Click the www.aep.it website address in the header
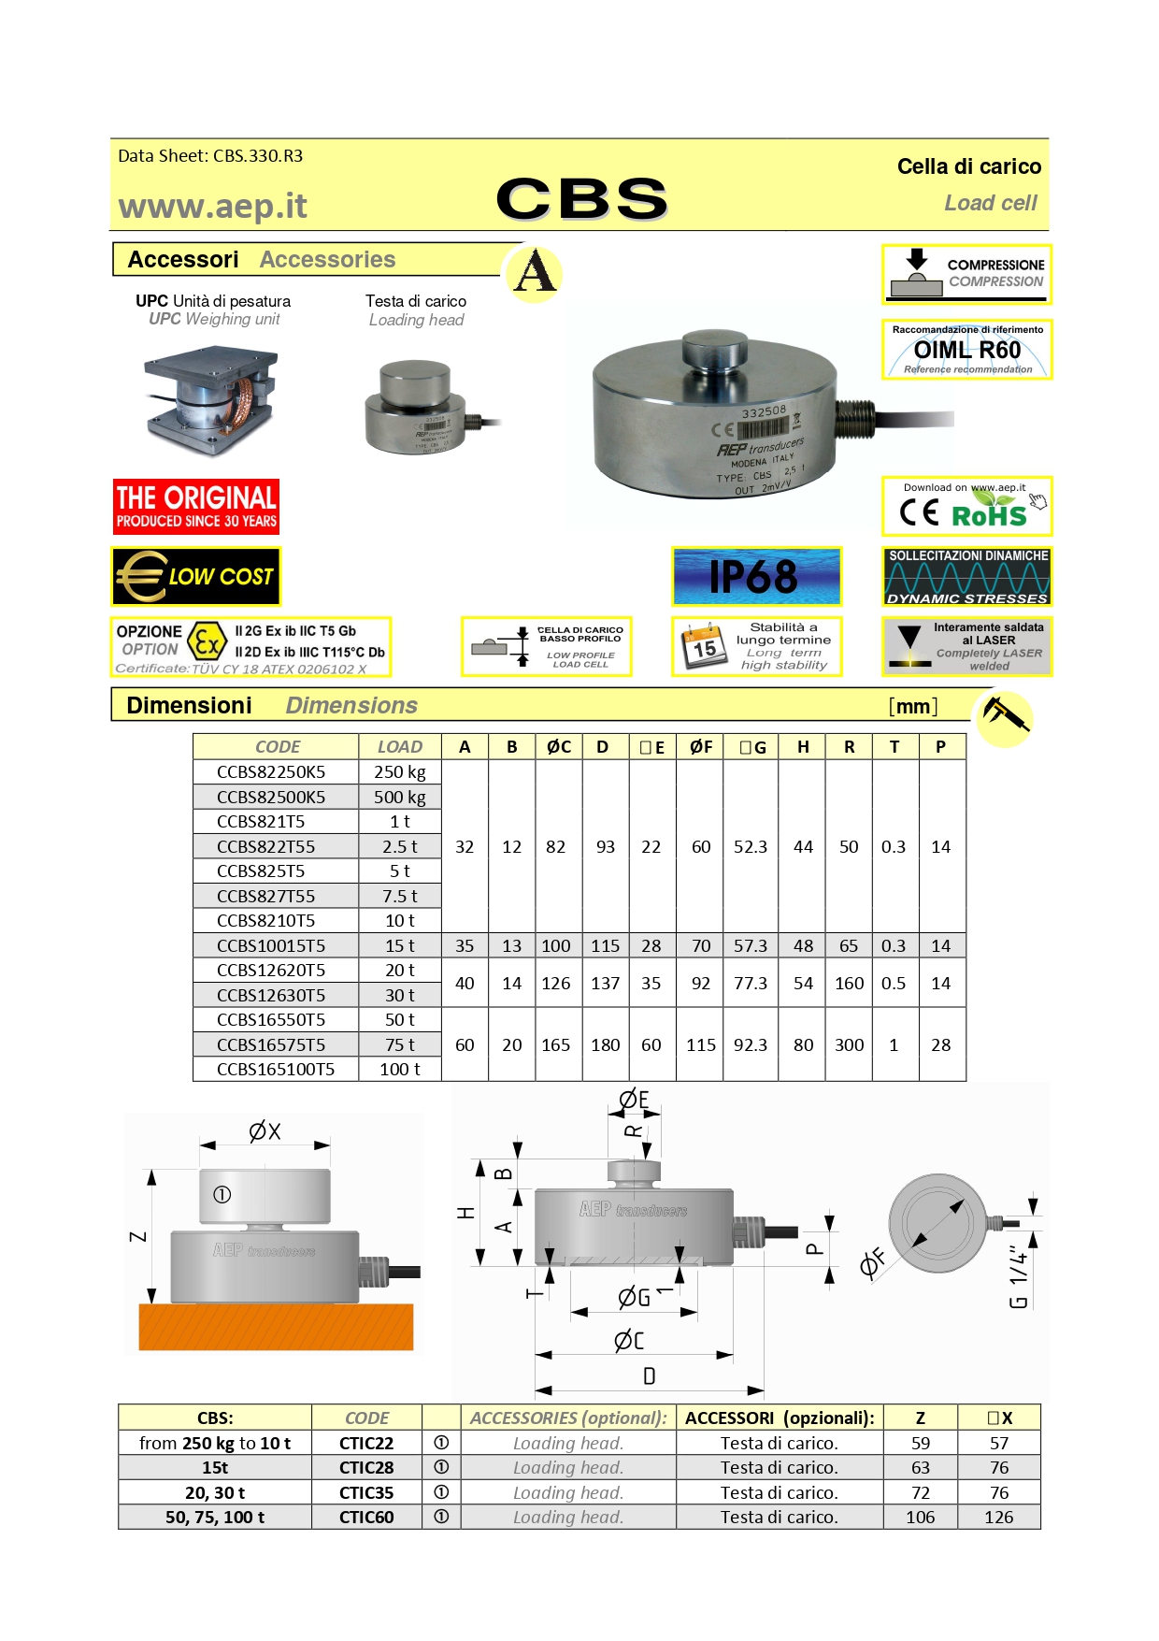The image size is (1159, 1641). (212, 207)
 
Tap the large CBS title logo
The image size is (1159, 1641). (581, 199)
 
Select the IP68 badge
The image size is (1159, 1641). (756, 576)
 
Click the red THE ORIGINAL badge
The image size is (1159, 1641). (196, 507)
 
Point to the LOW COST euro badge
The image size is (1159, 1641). (196, 577)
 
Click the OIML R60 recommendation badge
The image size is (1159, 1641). (967, 350)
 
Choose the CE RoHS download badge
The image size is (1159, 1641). (967, 506)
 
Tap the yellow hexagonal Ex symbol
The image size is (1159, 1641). (207, 642)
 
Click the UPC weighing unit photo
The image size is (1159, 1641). (211, 401)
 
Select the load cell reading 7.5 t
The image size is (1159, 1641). (400, 896)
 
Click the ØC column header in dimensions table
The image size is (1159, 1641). (559, 746)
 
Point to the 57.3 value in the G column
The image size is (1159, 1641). (751, 945)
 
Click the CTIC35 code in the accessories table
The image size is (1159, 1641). (366, 1492)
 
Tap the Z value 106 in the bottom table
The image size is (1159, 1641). (920, 1517)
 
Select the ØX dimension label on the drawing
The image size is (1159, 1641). (265, 1131)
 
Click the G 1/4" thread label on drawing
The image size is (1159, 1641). (1019, 1276)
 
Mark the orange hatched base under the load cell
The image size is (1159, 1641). (276, 1327)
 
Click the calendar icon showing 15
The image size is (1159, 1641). (704, 646)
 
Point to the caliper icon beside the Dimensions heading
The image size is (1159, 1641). (1004, 717)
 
